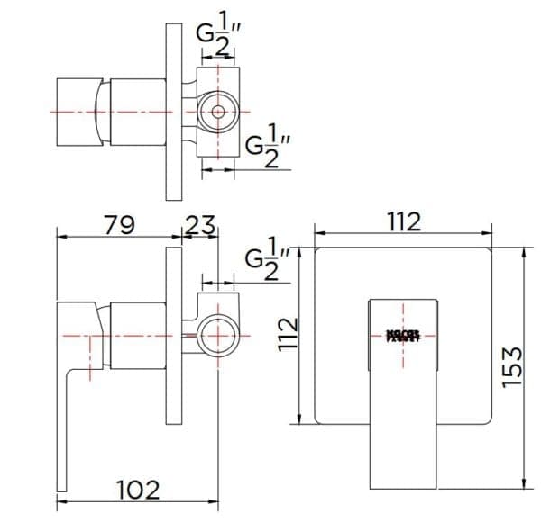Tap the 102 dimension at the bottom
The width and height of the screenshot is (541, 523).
(x=139, y=491)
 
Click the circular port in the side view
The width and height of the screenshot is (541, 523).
(x=216, y=336)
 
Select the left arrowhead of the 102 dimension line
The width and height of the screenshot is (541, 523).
(x=60, y=500)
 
